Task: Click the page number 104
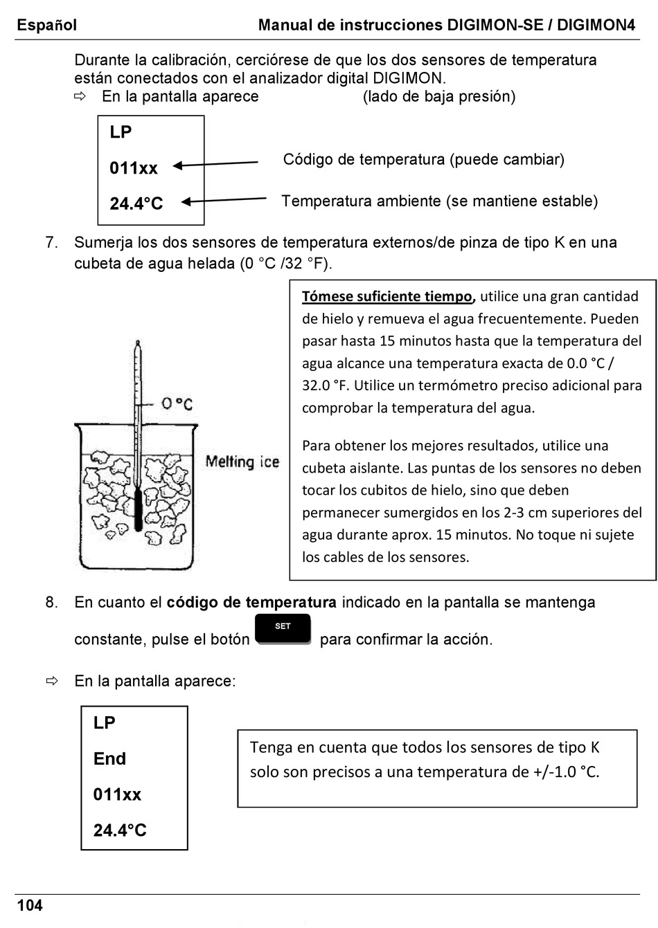tap(30, 905)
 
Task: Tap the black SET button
tap(283, 629)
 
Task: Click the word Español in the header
tap(47, 26)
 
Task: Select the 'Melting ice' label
tap(242, 462)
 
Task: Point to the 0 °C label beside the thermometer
tap(177, 403)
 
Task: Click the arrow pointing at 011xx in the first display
tap(215, 165)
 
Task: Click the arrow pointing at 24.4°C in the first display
tap(224, 201)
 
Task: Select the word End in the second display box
tap(109, 758)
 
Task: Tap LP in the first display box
tap(121, 132)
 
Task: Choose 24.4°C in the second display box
tap(120, 830)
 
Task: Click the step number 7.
tap(51, 243)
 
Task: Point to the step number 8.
tap(51, 603)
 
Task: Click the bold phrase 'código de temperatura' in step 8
tap(251, 603)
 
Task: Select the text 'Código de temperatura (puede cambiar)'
tap(423, 160)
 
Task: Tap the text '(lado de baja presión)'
tap(438, 96)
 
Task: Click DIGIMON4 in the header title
tap(596, 26)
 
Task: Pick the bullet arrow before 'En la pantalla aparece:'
tap(52, 682)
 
